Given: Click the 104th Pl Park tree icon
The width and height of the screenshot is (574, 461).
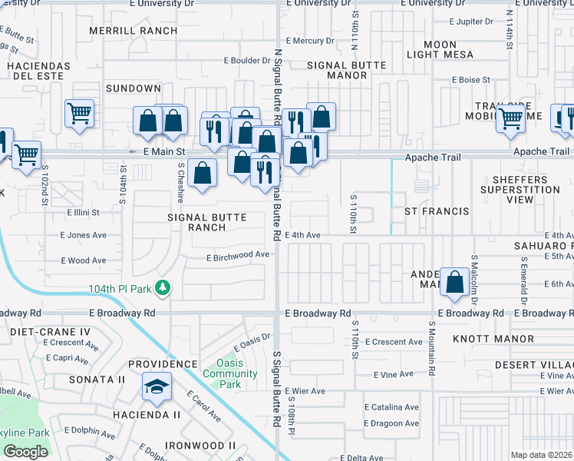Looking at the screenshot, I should (162, 288).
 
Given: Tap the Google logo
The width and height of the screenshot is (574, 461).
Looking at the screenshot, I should (25, 452).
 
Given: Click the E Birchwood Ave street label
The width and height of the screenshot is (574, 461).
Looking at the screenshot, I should (238, 254).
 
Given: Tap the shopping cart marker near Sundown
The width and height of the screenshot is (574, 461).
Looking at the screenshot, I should (79, 114).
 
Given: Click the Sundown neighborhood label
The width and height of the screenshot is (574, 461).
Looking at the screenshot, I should (134, 89).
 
